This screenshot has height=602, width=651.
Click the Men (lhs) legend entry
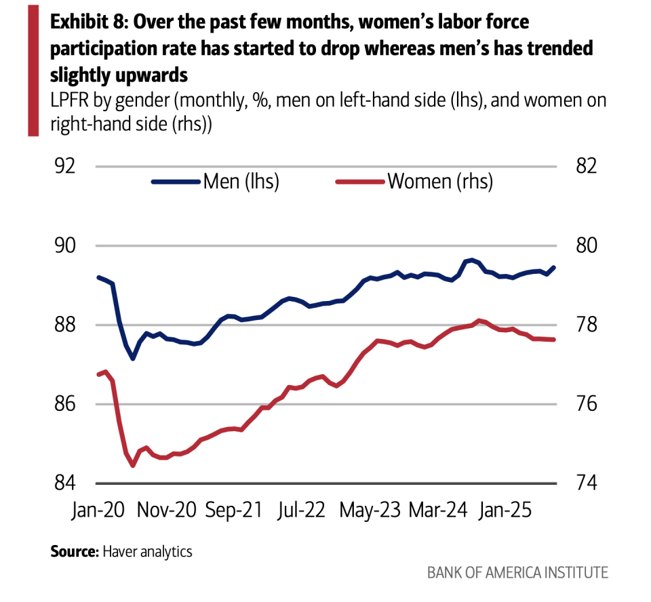216,182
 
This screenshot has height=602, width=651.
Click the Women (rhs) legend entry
414,182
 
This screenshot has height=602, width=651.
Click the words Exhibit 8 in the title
87,22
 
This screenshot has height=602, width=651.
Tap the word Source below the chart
73,551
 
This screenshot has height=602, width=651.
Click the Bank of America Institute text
517,573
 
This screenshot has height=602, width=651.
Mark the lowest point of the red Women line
133,466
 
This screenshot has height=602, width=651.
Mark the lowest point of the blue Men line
133,359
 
